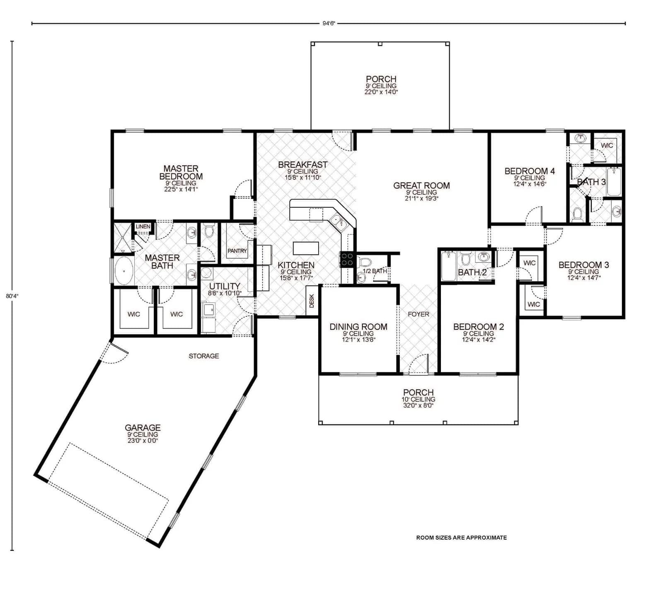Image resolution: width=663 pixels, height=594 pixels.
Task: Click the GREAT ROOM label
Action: click(x=421, y=186)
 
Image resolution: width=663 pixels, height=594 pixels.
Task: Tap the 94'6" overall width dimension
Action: click(x=328, y=24)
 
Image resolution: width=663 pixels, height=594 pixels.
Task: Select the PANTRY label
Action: click(x=237, y=251)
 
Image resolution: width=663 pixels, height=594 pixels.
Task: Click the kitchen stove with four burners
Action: click(x=347, y=259)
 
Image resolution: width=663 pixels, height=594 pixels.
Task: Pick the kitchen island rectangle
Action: click(x=306, y=248)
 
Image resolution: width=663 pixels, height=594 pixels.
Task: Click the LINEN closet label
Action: click(x=143, y=227)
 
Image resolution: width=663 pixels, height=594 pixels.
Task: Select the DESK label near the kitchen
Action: click(x=312, y=301)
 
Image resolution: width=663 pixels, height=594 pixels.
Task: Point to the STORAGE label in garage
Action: click(x=203, y=356)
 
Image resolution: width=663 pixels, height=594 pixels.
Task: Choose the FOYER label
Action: click(x=418, y=314)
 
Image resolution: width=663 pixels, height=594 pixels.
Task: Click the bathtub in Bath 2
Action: click(x=448, y=266)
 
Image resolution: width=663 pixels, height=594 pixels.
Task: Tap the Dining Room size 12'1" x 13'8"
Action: click(x=358, y=339)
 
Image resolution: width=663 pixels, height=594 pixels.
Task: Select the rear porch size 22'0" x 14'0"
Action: click(x=381, y=92)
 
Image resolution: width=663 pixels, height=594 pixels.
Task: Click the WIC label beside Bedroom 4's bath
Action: click(x=607, y=145)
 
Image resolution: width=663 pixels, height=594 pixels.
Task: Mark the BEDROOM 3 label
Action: click(x=583, y=265)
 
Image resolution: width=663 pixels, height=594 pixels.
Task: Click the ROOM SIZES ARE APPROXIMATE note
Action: click(x=461, y=538)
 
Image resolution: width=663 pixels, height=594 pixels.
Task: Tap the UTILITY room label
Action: click(x=224, y=286)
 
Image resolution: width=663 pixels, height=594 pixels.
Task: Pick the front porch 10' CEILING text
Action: click(x=418, y=399)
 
